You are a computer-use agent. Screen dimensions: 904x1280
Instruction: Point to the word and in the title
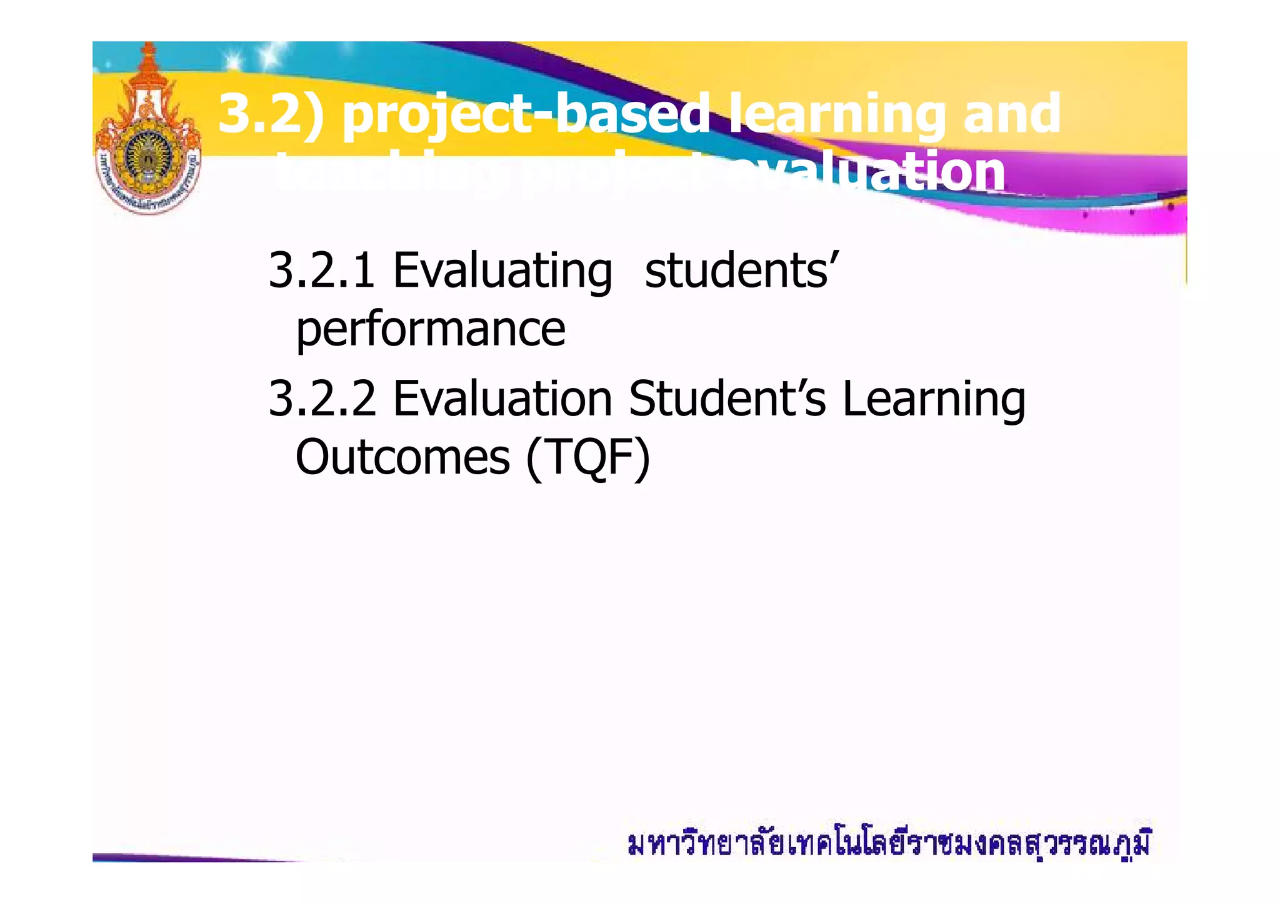[x=1012, y=114]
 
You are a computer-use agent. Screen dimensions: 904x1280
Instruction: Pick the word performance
[x=431, y=330]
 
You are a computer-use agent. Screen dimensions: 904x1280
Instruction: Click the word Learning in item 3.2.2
[x=934, y=400]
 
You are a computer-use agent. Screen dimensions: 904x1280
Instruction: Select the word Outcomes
[x=402, y=457]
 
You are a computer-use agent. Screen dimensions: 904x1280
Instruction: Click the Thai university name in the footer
[x=888, y=845]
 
